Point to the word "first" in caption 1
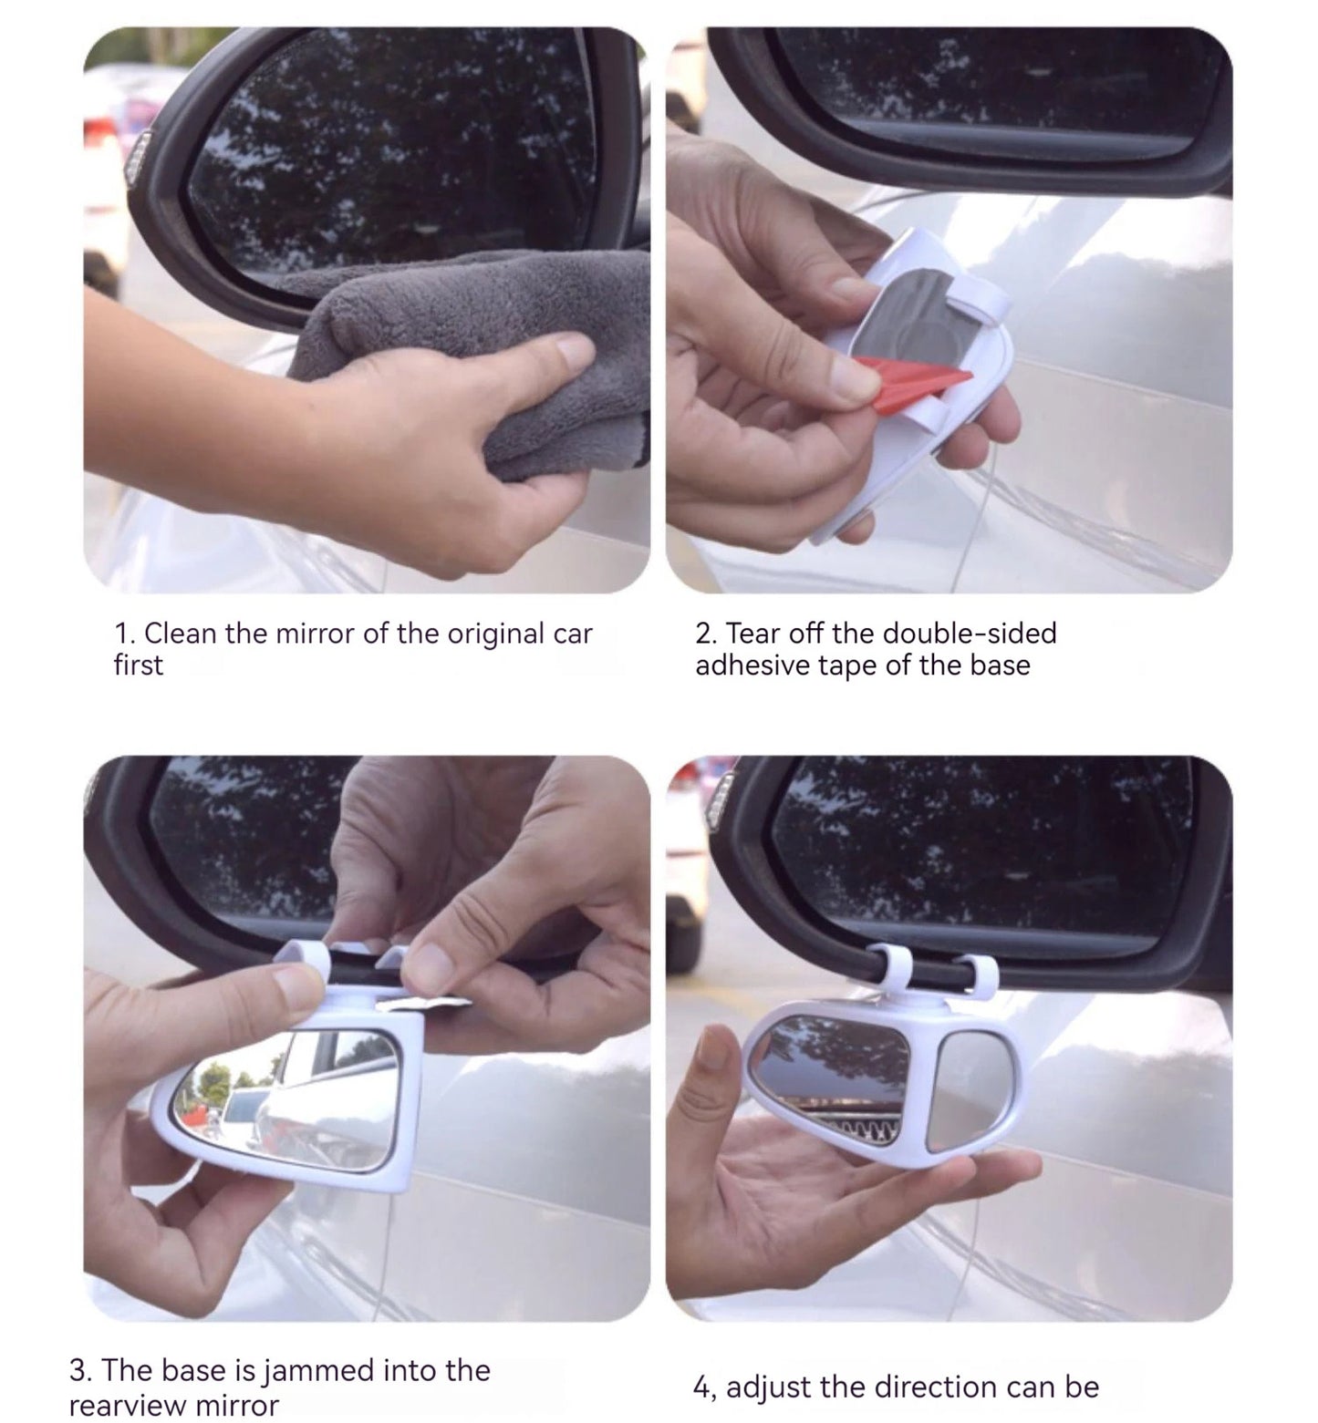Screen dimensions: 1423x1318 138,665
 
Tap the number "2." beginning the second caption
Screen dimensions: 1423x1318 706,634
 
